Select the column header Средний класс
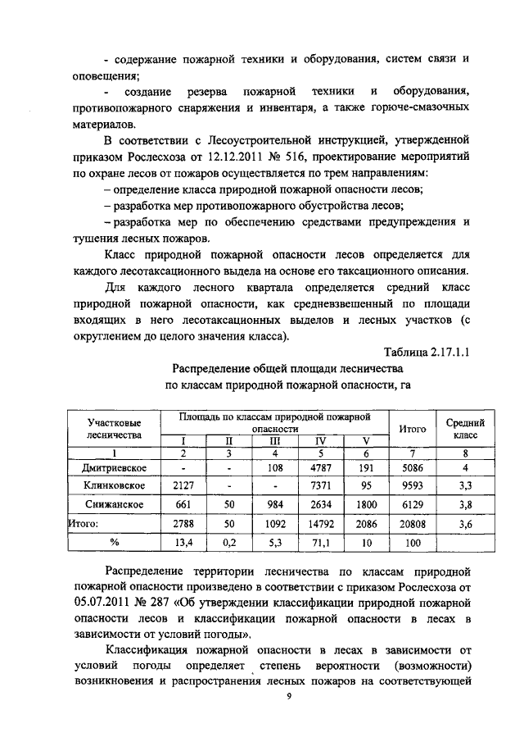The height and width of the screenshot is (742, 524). pyautogui.click(x=464, y=428)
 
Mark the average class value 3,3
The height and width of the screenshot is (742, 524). pyautogui.click(x=464, y=485)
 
